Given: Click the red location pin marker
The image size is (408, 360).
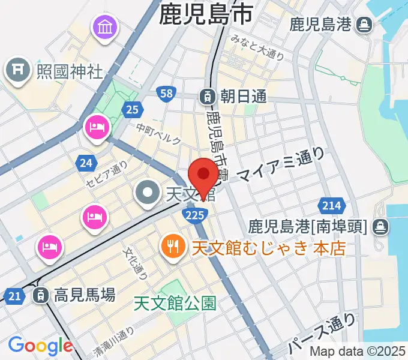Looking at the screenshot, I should click(203, 175).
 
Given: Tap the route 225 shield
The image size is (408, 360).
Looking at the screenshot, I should click(200, 214).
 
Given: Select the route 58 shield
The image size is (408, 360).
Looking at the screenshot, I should click(166, 93).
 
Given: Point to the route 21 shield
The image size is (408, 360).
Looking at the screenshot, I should click(14, 295).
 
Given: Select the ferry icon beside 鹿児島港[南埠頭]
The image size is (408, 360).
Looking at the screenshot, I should click(379, 227).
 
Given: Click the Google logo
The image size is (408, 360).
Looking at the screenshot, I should click(40, 346).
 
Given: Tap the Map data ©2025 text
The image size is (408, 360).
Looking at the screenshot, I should click(357, 352).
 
